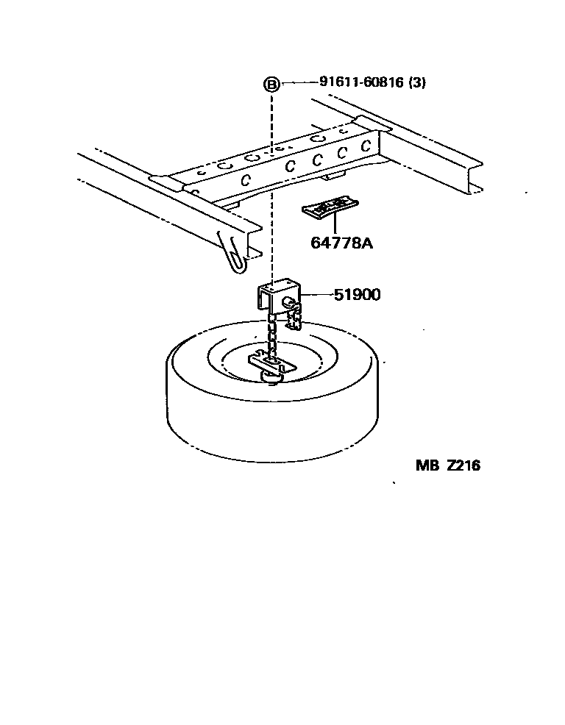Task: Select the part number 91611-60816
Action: pyautogui.click(x=361, y=82)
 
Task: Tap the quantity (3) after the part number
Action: pyautogui.click(x=417, y=82)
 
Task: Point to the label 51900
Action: pyautogui.click(x=357, y=295)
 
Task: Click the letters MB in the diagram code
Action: pyautogui.click(x=426, y=465)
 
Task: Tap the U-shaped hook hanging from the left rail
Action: pyautogui.click(x=234, y=254)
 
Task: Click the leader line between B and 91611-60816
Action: pyautogui.click(x=298, y=83)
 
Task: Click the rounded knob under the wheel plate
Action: pyautogui.click(x=271, y=378)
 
